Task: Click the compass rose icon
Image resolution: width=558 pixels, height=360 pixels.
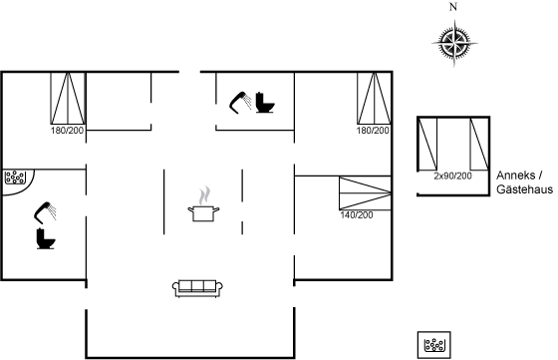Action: click(x=454, y=44)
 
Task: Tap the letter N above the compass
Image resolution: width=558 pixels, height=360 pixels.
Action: click(x=453, y=7)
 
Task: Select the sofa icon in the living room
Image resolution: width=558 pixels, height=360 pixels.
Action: click(x=197, y=288)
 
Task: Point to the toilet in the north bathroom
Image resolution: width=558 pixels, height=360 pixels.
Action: click(x=265, y=103)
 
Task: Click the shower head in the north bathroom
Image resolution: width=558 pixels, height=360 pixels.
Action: click(x=240, y=102)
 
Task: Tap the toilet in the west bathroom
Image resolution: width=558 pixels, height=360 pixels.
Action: click(x=46, y=238)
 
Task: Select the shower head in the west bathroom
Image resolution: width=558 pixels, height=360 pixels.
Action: click(x=45, y=212)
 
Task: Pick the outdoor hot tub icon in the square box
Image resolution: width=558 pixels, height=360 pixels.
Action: click(x=434, y=345)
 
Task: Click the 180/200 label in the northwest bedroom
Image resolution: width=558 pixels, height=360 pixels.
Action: click(x=67, y=131)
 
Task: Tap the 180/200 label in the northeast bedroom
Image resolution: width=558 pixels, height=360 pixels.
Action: click(x=373, y=131)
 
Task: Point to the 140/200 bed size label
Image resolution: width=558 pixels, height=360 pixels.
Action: click(x=357, y=215)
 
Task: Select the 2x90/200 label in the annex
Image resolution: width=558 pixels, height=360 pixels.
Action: click(x=452, y=176)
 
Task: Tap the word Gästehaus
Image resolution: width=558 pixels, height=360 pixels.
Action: click(x=524, y=189)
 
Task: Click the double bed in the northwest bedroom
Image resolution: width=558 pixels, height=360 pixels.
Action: click(x=68, y=99)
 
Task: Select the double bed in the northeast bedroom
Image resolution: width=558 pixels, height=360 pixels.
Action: click(x=374, y=99)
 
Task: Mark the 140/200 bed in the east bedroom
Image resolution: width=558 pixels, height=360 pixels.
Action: click(x=365, y=193)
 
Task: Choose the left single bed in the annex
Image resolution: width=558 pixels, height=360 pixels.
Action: click(x=427, y=145)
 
